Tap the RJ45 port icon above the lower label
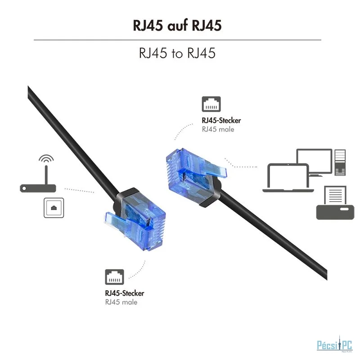point(114,277)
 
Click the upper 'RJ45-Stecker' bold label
point(221,121)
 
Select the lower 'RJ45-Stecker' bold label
point(125,293)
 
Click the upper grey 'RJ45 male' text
point(218,130)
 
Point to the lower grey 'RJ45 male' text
point(121,302)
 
